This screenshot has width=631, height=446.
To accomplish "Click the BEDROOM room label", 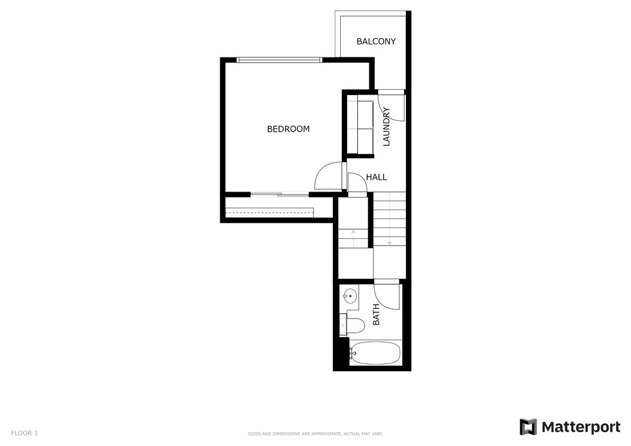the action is pos(288,129).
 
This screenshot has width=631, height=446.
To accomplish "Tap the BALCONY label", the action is pos(376,41).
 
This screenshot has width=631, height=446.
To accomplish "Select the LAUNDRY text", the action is pos(387,126).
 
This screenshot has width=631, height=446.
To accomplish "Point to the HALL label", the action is pos(377,177).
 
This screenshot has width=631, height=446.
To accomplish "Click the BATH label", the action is pos(377,314).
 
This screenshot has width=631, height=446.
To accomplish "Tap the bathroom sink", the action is pos(349,296).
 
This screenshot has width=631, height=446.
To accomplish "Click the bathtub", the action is pos(375,353).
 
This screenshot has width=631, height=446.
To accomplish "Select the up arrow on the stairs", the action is pos(353,238).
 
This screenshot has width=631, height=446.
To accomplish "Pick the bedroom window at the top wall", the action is pos(280,60).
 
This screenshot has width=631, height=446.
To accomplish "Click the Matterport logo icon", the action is pos(528,427).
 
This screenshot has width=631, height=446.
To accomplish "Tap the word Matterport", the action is pos(581,427).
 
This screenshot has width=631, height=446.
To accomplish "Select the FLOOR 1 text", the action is pos(24,433).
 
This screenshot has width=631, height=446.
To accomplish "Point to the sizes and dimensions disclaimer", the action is pos(315,434).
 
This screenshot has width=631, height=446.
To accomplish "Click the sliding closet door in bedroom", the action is pos(280,195).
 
